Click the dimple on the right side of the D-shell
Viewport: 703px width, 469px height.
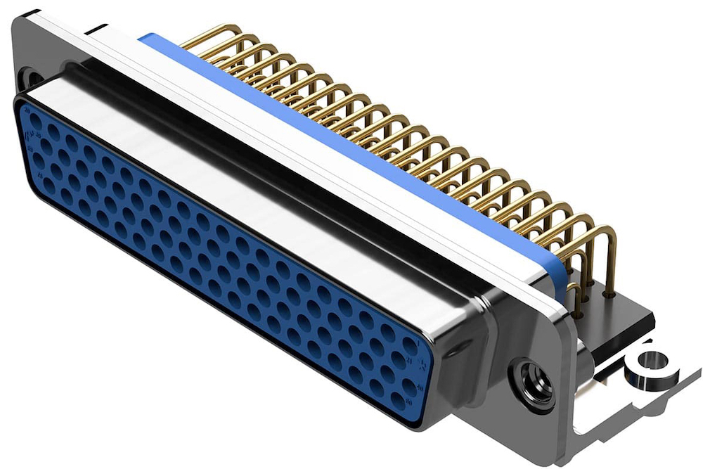click(x=460, y=345)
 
